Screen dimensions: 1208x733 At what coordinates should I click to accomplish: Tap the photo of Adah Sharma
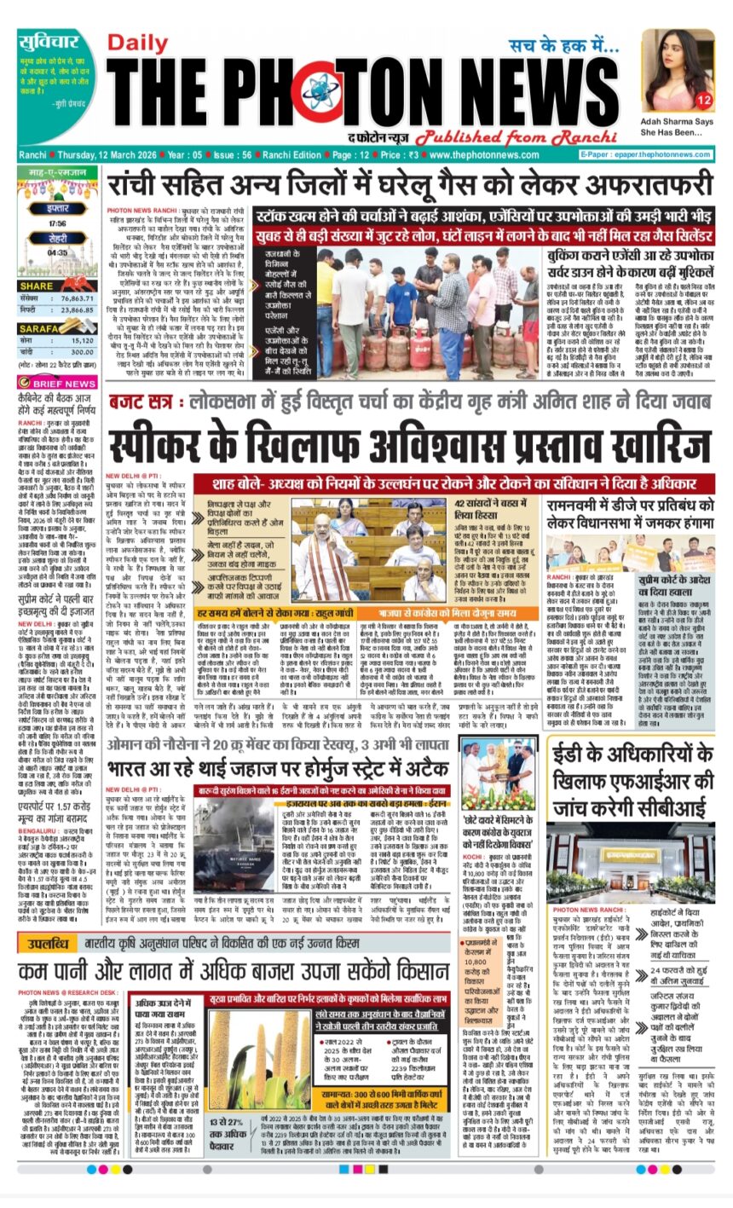pyautogui.click(x=678, y=68)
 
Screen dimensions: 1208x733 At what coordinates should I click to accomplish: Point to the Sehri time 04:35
pyautogui.click(x=58, y=252)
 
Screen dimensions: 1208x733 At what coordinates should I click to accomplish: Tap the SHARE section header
pyautogui.click(x=37, y=286)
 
